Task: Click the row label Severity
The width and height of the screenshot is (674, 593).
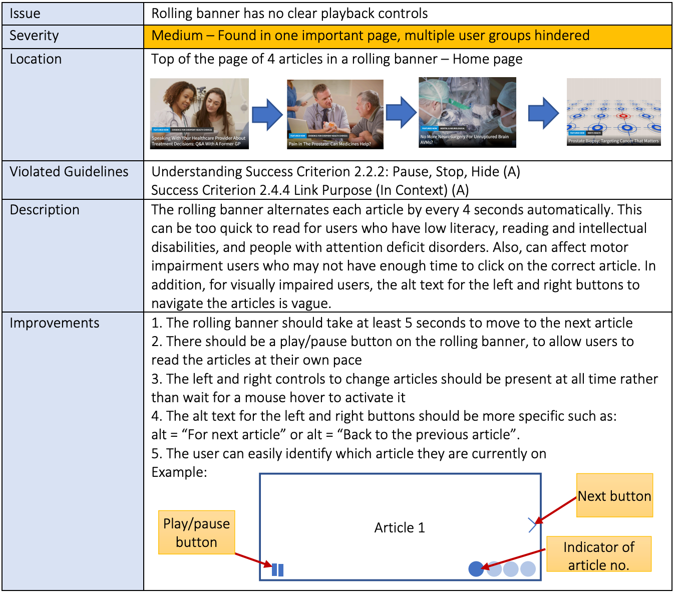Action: tap(34, 36)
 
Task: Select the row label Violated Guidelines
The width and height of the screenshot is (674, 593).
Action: tap(69, 172)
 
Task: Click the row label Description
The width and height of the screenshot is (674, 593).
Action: tap(45, 210)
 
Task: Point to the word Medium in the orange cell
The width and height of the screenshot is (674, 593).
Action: tap(177, 36)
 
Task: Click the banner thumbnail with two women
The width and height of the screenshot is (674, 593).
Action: tap(199, 114)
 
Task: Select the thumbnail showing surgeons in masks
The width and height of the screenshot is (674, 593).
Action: tap(467, 112)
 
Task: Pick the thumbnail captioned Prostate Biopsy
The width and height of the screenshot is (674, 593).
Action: tap(613, 112)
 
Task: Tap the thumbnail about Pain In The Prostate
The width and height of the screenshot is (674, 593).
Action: tap(335, 114)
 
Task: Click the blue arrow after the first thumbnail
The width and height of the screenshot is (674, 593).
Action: tap(267, 115)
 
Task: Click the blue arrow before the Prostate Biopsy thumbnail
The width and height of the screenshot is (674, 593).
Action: tap(543, 113)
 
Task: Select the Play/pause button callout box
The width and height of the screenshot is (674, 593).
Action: tap(196, 532)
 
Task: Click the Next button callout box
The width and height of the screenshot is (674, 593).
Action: tap(614, 496)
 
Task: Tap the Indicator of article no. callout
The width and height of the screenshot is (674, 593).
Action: tap(598, 555)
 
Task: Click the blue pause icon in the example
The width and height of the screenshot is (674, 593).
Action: tap(277, 570)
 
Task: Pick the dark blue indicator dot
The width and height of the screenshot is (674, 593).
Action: tap(476, 569)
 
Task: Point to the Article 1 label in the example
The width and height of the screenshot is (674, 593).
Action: tap(400, 528)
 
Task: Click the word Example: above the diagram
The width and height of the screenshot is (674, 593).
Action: tap(179, 472)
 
